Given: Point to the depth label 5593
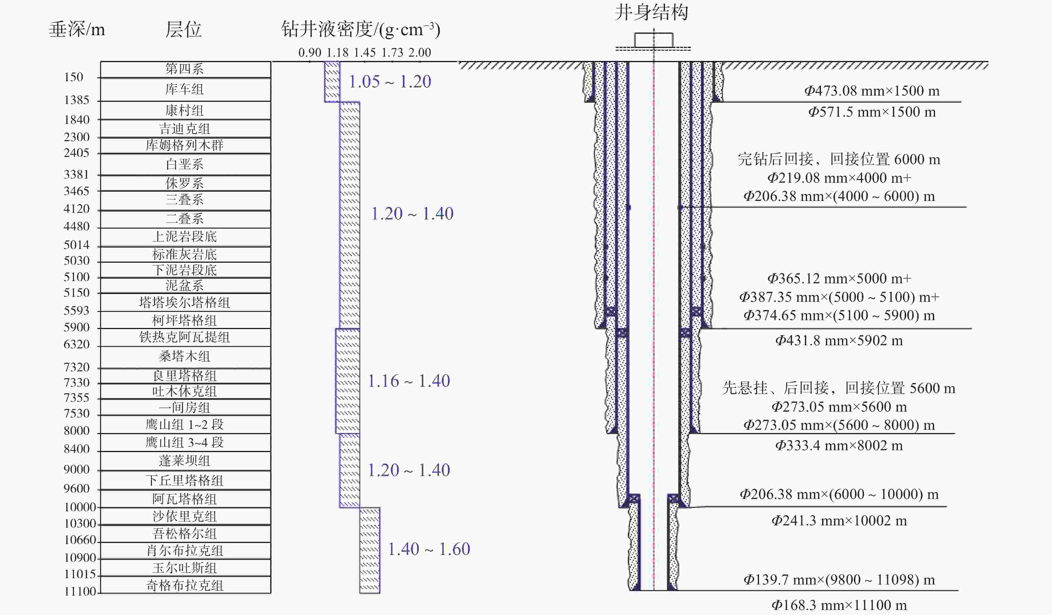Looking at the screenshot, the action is point(76,311).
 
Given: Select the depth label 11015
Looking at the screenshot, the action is point(80,574).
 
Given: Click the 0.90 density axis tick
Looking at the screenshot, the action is point(310,53).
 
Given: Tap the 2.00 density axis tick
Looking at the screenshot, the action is point(419,53).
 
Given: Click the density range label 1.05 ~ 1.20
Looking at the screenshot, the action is point(390,82).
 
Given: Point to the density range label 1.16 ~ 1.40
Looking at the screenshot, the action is point(409,381).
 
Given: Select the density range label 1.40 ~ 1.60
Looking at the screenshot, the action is point(429,549).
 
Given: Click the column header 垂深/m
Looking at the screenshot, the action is point(77,30).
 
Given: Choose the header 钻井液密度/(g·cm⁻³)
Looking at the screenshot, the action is point(361,30).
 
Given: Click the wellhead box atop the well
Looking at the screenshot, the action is point(654,40).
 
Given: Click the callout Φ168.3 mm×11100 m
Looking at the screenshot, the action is point(839,605).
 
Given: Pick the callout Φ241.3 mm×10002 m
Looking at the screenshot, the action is point(839,521).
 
